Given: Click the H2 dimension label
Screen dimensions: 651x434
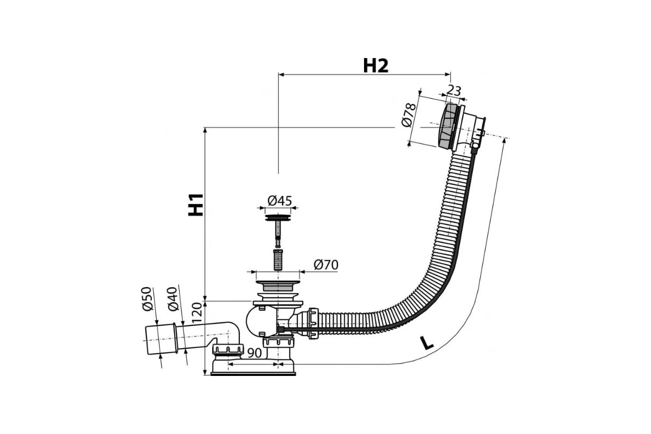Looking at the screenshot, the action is click(x=375, y=66).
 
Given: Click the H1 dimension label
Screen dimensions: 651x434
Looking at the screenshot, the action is click(x=196, y=205).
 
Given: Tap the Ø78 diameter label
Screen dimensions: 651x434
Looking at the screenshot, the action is click(x=409, y=115).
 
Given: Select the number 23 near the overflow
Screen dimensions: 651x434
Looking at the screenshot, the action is click(x=454, y=91).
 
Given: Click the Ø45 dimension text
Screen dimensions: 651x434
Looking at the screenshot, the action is click(x=279, y=201).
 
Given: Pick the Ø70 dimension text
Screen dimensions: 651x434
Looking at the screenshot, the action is click(x=326, y=265).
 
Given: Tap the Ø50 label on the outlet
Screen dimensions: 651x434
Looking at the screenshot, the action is click(x=147, y=299).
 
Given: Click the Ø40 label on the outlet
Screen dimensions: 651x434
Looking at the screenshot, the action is click(x=173, y=299).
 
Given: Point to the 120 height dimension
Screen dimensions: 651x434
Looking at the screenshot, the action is click(x=197, y=313).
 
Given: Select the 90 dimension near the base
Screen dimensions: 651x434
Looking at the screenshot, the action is click(x=254, y=353).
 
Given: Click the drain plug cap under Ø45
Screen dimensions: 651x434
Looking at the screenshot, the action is click(x=278, y=218).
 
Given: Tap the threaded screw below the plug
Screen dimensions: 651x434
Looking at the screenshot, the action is click(x=278, y=259).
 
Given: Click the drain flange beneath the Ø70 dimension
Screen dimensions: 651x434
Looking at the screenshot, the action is click(x=278, y=286).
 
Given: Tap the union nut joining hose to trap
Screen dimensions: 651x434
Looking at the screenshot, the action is click(x=314, y=323).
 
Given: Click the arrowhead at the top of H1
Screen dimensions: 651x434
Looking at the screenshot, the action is click(x=205, y=130).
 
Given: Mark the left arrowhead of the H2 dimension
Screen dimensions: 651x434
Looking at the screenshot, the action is click(x=282, y=75).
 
